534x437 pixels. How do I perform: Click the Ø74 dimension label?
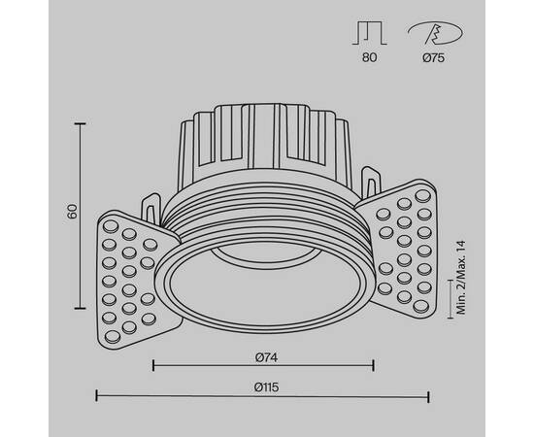pyautogui.click(x=263, y=355)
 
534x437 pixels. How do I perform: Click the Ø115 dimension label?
pyautogui.click(x=263, y=387)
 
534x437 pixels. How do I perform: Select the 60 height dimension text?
pyautogui.click(x=71, y=213)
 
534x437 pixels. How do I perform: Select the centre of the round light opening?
pyautogui.click(x=263, y=282)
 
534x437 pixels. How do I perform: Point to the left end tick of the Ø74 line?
pyautogui.click(x=153, y=366)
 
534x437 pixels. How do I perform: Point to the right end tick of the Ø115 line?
pyautogui.click(x=430, y=396)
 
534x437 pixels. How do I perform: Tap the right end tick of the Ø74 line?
pyautogui.click(x=374, y=366)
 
